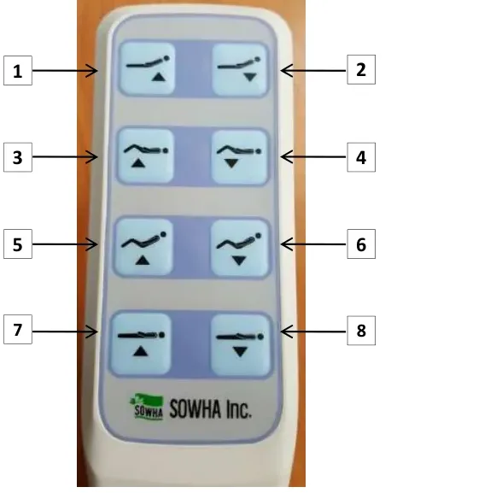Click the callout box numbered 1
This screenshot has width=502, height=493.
(x=18, y=70)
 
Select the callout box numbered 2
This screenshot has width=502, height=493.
(x=361, y=69)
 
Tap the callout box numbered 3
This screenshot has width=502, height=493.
(x=18, y=157)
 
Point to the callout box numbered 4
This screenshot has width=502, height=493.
(x=361, y=157)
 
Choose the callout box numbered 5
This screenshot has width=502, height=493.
(x=18, y=244)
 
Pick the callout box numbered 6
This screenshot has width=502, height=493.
(x=361, y=244)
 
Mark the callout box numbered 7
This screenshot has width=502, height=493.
(x=18, y=330)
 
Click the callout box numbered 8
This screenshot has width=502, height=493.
(x=361, y=331)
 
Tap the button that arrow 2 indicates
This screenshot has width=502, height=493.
(x=240, y=69)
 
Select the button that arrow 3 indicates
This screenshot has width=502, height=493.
(x=146, y=156)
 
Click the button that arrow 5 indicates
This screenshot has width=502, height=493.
(x=143, y=247)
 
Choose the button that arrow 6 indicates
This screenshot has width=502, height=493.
(x=240, y=248)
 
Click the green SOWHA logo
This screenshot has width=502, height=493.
(x=148, y=407)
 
